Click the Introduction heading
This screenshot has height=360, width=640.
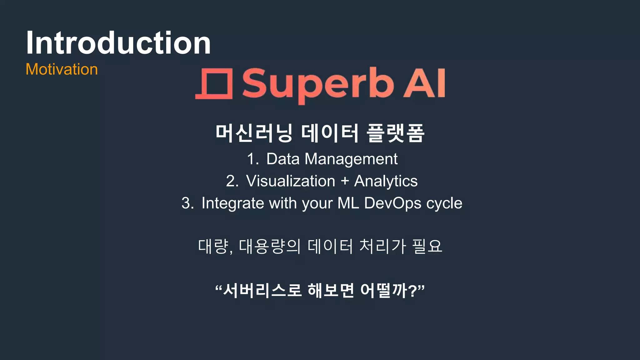tap(118, 43)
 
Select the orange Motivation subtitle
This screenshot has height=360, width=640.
tap(62, 69)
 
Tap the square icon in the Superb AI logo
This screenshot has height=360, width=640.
tap(214, 84)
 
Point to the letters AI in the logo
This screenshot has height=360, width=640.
tap(424, 84)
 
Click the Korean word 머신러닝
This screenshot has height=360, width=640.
tap(254, 133)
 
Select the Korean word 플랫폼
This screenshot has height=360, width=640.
tap(395, 133)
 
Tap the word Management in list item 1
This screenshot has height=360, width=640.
tap(351, 159)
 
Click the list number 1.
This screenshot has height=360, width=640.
tap(252, 159)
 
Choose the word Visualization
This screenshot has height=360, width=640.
tap(290, 181)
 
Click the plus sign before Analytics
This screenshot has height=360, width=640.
tap(345, 181)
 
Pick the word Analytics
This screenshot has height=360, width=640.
tap(386, 181)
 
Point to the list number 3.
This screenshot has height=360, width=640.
tap(187, 203)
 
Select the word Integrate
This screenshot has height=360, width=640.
tap(233, 203)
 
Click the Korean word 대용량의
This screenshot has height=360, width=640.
tap(269, 246)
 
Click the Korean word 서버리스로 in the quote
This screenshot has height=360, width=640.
tap(262, 290)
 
